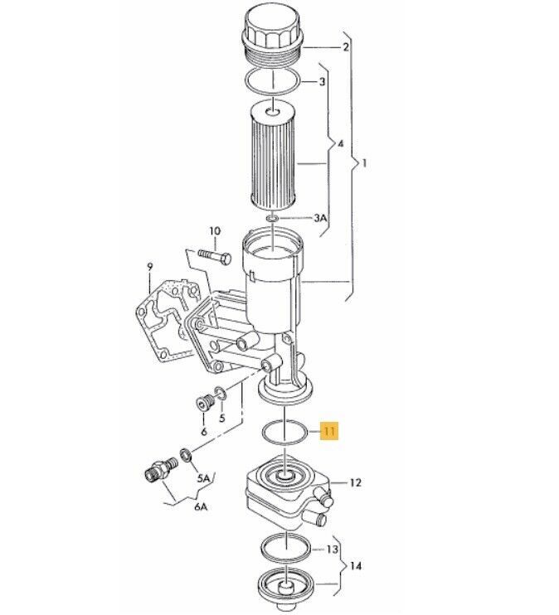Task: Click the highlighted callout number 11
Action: coord(329,432)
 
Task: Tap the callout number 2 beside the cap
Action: coord(346,47)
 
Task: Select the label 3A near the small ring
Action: coord(320,218)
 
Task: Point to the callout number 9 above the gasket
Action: coord(149,267)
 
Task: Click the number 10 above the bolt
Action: coord(215,231)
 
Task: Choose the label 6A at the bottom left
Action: coord(200,507)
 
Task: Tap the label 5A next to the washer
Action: coord(204,478)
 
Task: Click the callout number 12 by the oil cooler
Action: coord(355,482)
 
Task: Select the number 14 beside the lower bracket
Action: coord(356,566)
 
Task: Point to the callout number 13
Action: coord(332,549)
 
